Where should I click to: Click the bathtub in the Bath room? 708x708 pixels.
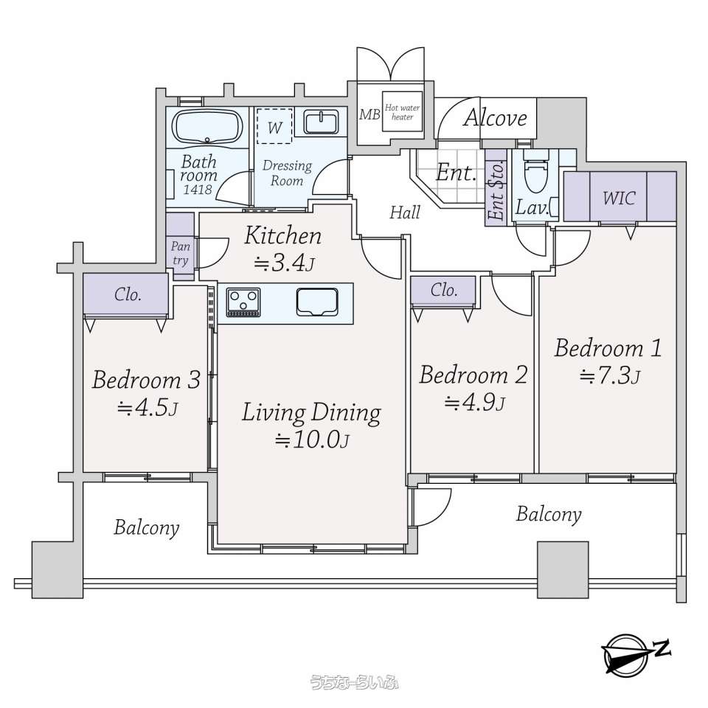pyautogui.click(x=209, y=126)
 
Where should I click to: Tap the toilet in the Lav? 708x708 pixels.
pyautogui.click(x=535, y=172)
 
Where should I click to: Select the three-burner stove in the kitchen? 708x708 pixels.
pyautogui.click(x=243, y=302)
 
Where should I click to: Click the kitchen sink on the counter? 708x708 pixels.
pyautogui.click(x=317, y=302)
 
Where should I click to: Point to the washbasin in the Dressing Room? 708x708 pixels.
pyautogui.click(x=321, y=122)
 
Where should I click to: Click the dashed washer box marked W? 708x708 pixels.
pyautogui.click(x=274, y=125)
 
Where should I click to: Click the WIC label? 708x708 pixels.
pyautogui.click(x=619, y=198)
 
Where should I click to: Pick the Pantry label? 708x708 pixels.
pyautogui.click(x=180, y=253)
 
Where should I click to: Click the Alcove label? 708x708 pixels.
pyautogui.click(x=496, y=118)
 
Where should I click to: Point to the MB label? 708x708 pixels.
pyautogui.click(x=369, y=115)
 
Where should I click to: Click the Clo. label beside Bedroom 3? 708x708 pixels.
pyautogui.click(x=128, y=294)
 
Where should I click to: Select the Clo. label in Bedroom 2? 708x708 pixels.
pyautogui.click(x=444, y=290)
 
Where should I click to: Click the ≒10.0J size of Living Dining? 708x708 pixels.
pyautogui.click(x=312, y=440)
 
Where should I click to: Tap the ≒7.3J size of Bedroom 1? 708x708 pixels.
pyautogui.click(x=610, y=375)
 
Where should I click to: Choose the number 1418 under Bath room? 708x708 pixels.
pyautogui.click(x=198, y=189)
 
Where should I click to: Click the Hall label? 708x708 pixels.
pyautogui.click(x=405, y=212)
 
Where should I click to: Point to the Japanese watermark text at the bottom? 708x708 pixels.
pyautogui.click(x=354, y=681)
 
